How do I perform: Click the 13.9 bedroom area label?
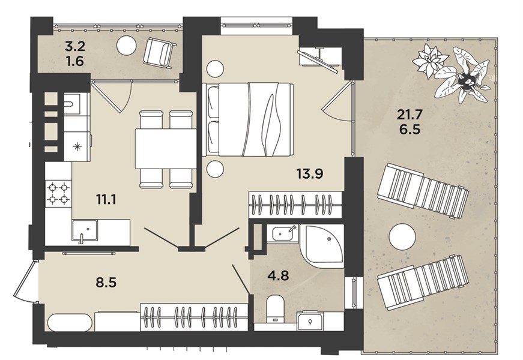[x=309, y=173]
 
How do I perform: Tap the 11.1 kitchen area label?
[x=106, y=200]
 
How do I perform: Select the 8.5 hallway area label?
[x=106, y=283]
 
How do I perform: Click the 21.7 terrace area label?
[x=410, y=115]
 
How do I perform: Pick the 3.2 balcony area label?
[x=75, y=46]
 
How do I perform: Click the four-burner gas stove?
[x=58, y=193]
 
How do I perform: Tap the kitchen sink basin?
[x=85, y=230]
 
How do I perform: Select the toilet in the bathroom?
[x=275, y=308]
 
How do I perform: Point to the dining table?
[x=166, y=149]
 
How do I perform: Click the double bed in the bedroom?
[x=248, y=119]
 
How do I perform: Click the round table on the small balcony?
[x=127, y=45]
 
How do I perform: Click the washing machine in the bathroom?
[x=310, y=320]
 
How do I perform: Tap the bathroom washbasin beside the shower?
[x=282, y=233]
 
